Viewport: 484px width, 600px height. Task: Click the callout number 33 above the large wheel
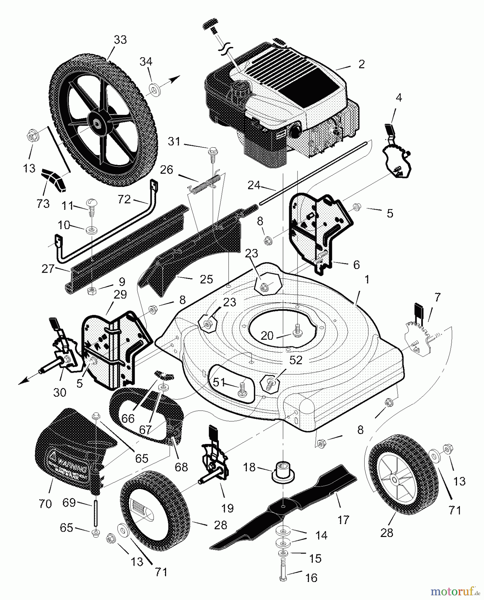point(120,40)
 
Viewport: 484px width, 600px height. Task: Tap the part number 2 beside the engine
point(362,64)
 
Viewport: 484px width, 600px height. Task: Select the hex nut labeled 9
point(91,291)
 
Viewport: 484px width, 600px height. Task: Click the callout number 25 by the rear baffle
point(206,279)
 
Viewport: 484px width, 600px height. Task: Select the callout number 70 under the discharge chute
point(45,503)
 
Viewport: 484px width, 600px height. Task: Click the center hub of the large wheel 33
point(98,124)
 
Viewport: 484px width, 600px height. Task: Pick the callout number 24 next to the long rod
point(254,185)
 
